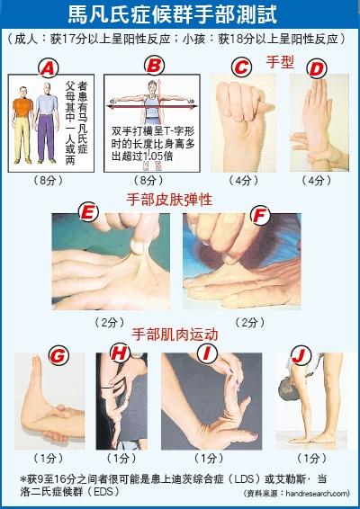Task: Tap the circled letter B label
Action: click(155, 65)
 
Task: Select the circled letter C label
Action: click(239, 67)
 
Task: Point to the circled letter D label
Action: click(315, 67)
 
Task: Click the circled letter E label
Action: click(88, 213)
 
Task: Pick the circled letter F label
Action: click(261, 216)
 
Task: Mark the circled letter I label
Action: click(209, 353)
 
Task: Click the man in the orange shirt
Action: click(22, 121)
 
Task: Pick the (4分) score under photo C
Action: click(243, 180)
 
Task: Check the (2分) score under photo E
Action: click(111, 321)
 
